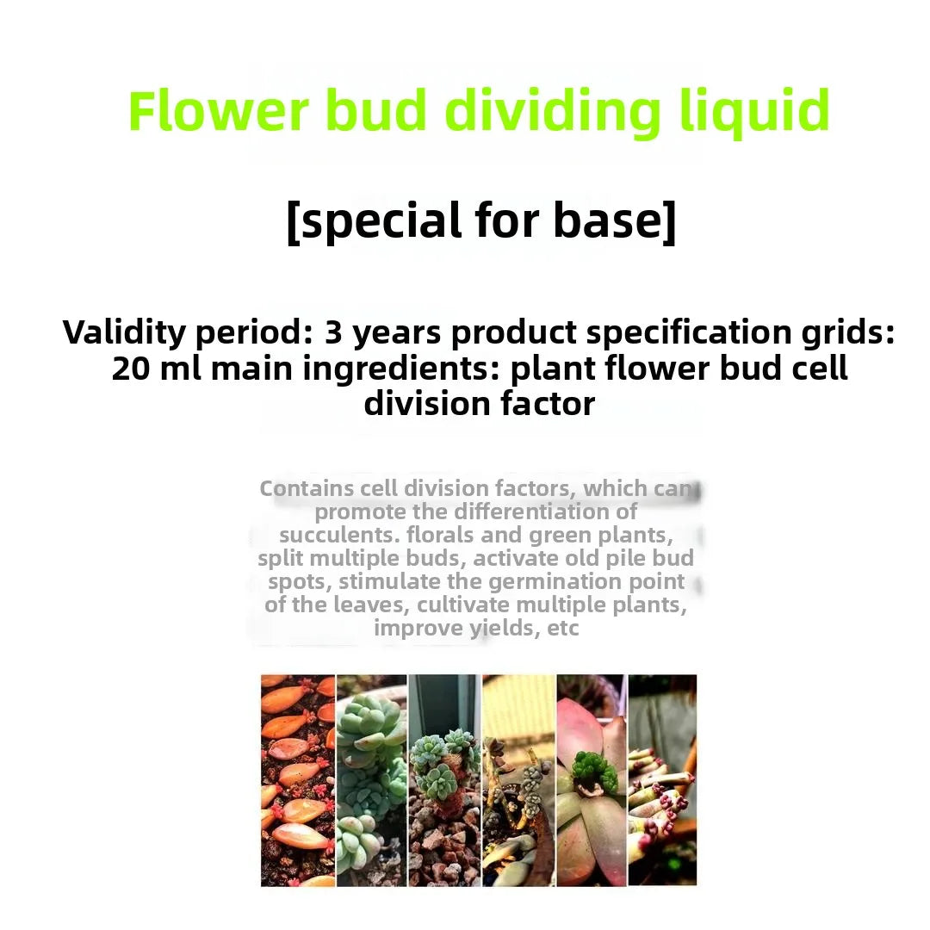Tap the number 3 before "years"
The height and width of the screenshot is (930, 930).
[x=333, y=332]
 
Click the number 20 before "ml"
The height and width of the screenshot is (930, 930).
[x=130, y=369]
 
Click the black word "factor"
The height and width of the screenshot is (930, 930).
[x=540, y=403]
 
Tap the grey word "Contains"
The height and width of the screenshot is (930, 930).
[x=307, y=489]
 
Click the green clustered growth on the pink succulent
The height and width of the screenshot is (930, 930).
[x=594, y=771]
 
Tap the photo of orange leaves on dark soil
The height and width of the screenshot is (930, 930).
[x=297, y=779]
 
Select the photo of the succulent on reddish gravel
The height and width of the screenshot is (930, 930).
[x=444, y=779]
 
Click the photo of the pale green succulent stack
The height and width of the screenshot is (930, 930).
[x=371, y=779]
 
